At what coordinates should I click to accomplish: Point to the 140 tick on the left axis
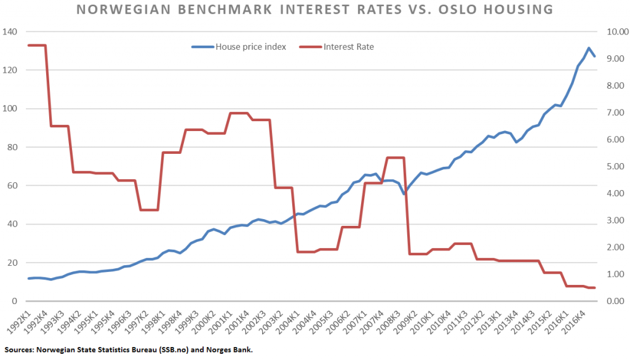[x=10, y=32]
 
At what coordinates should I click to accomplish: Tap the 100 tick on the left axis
[x=10, y=109]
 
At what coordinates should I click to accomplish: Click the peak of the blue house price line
[x=589, y=48]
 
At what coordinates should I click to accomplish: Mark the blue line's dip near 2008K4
[x=404, y=194]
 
